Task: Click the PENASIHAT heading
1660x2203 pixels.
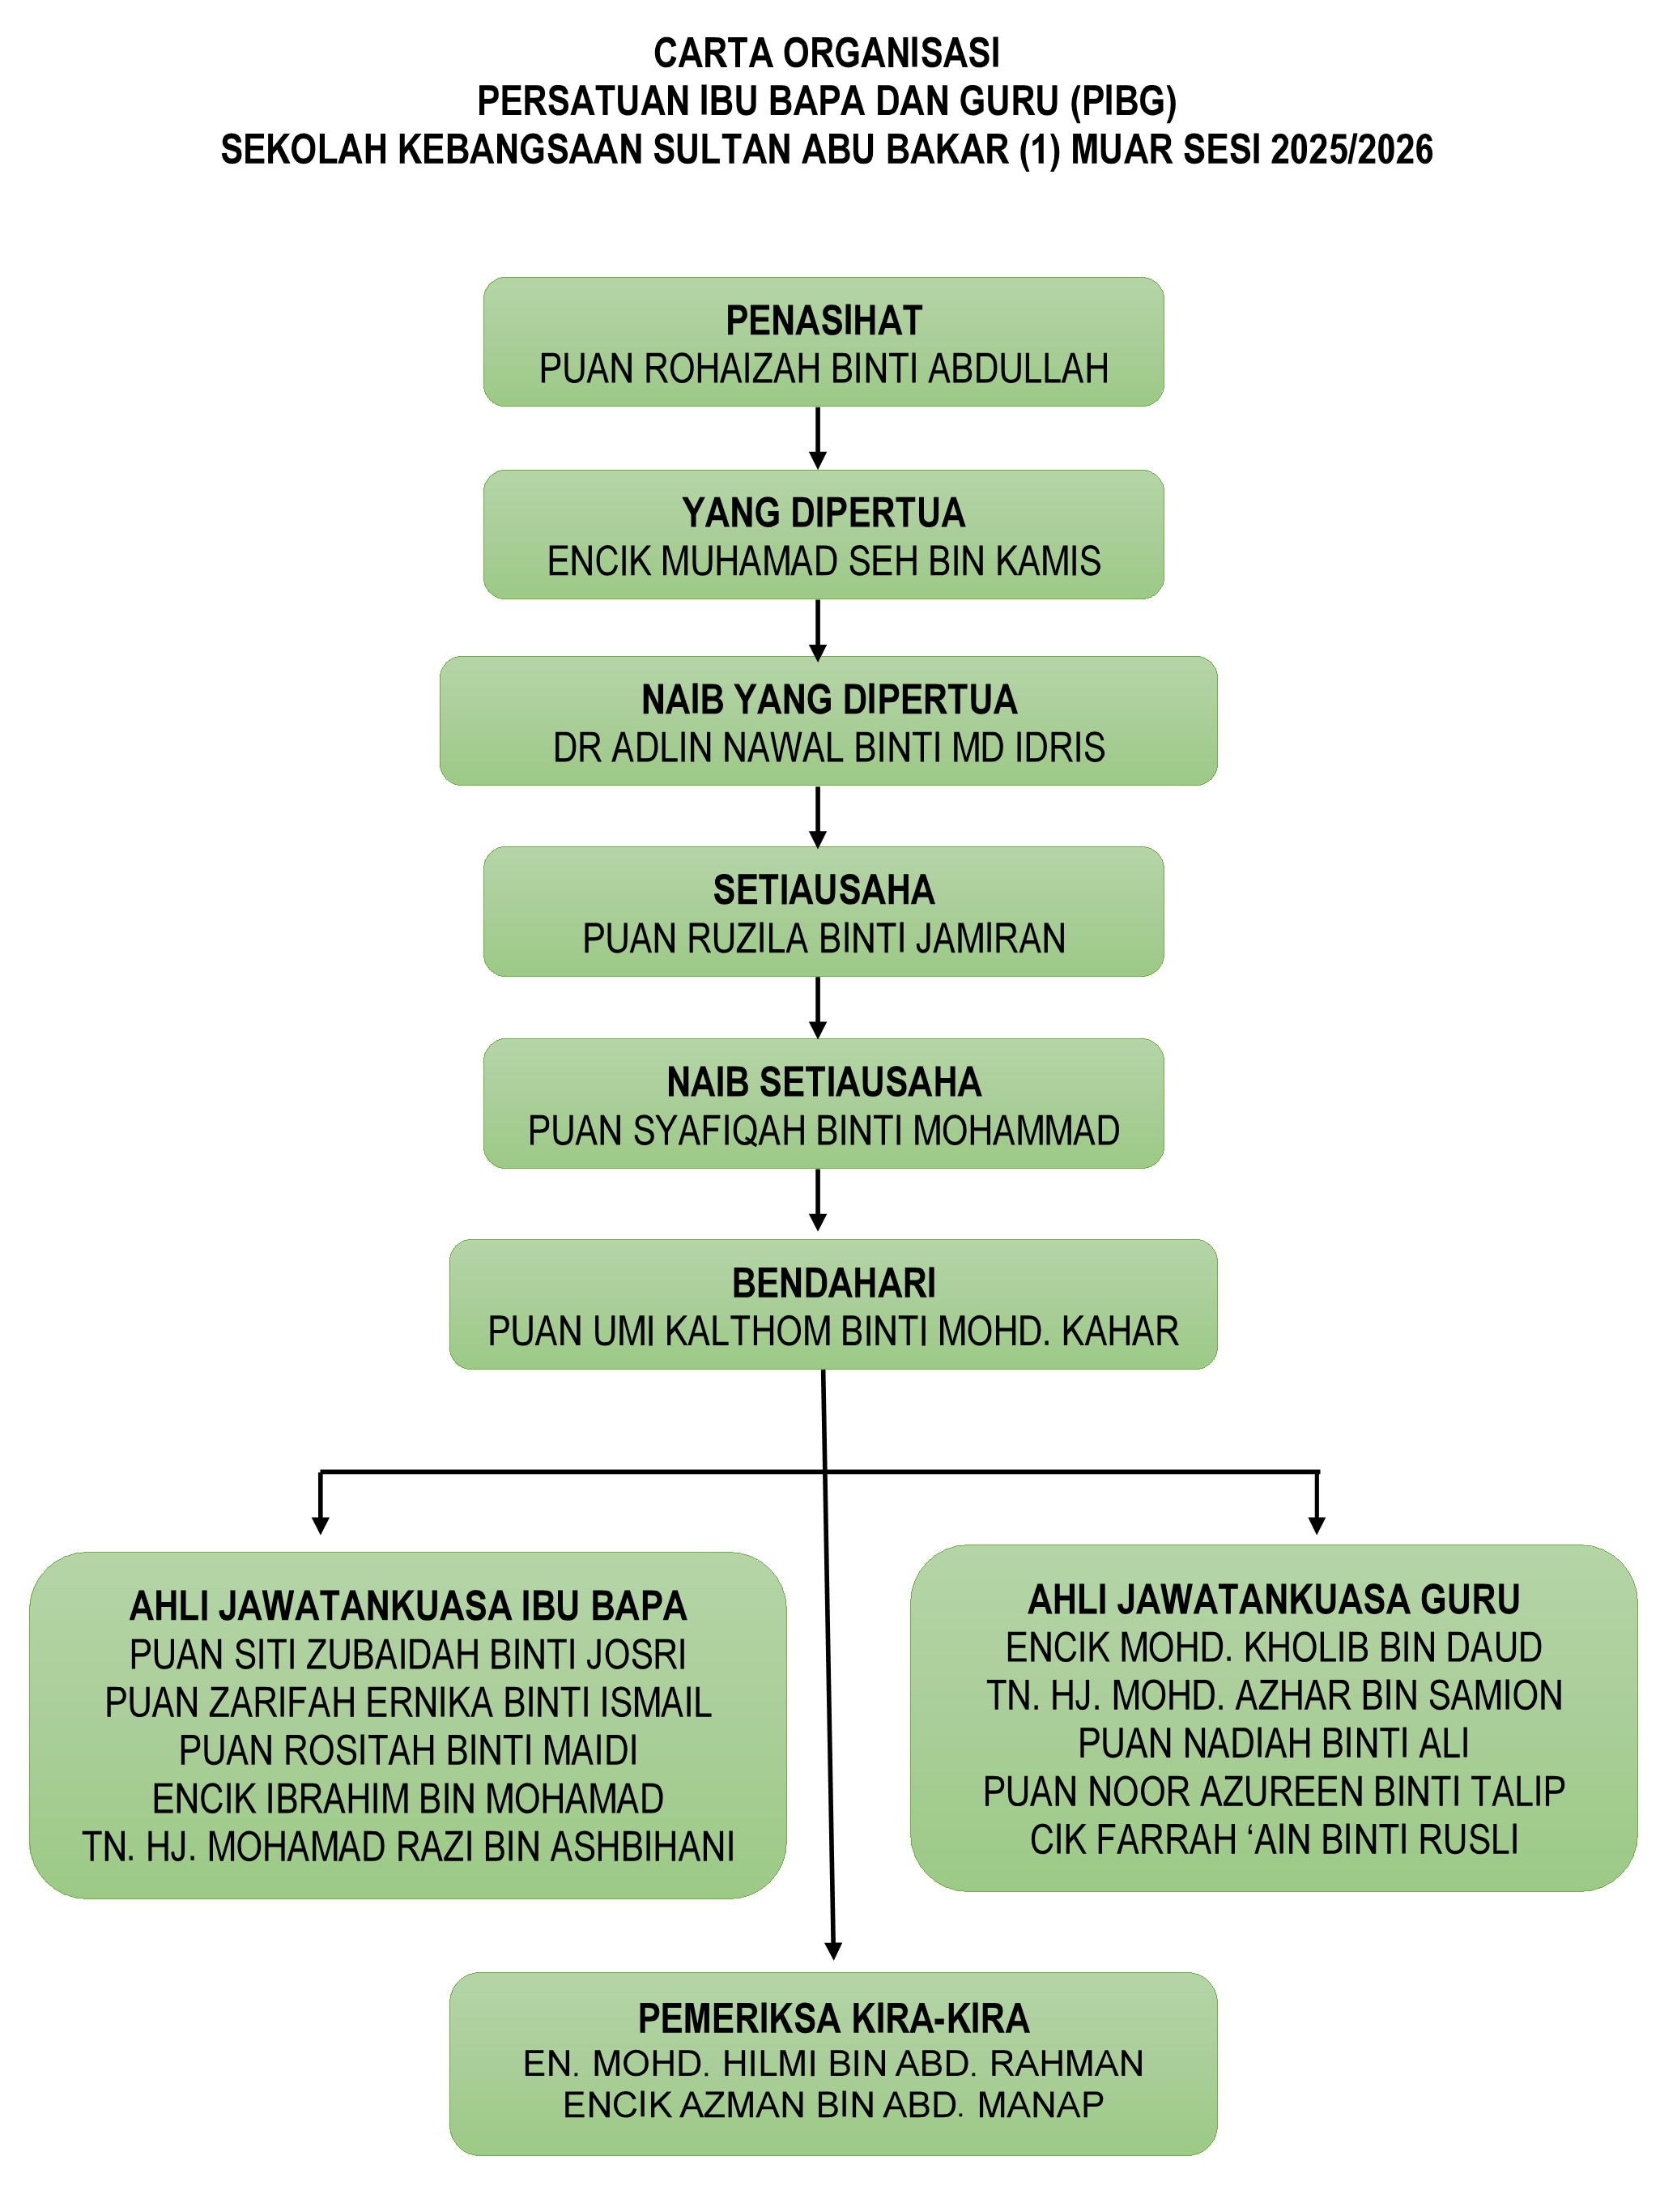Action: point(824,321)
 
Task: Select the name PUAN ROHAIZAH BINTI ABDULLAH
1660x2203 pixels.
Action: point(824,369)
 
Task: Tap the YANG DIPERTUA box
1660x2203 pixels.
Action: point(824,535)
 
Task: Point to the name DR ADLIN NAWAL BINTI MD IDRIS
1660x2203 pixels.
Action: point(828,748)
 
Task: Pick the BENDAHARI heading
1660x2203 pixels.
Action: point(833,1284)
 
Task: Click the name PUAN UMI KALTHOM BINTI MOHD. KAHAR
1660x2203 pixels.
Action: point(833,1332)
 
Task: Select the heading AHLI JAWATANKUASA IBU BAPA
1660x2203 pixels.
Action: point(408,1606)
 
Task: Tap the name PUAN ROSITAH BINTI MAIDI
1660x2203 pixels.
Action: point(408,1751)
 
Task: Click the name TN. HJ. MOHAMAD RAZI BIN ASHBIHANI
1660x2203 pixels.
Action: point(408,1847)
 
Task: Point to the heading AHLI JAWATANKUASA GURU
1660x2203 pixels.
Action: point(1274,1600)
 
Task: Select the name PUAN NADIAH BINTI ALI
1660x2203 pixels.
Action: point(1274,1744)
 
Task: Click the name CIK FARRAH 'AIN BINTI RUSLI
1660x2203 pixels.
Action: point(1274,1840)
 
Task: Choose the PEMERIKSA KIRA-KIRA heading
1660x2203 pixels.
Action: point(833,2019)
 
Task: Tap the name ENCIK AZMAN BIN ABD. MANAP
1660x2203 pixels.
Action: point(833,2104)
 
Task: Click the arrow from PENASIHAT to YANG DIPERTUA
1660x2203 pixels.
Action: point(818,438)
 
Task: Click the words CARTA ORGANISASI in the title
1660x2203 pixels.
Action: point(827,53)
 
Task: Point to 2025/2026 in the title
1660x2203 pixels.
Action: point(1351,149)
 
